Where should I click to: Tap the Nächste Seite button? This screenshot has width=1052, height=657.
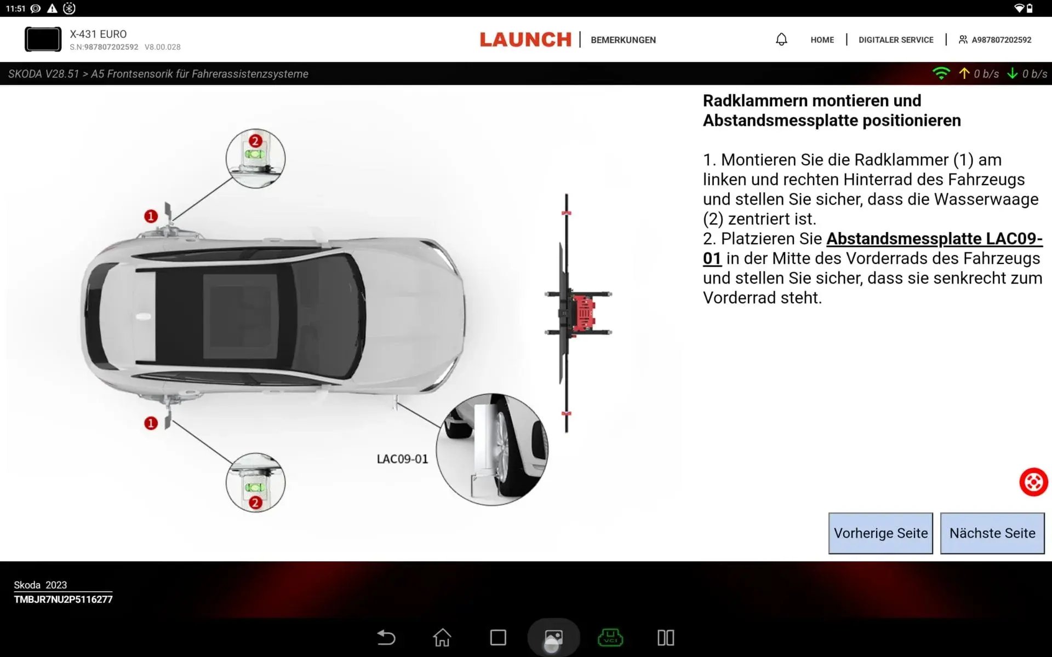(x=992, y=533)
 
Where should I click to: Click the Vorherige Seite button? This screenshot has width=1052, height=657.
(x=881, y=533)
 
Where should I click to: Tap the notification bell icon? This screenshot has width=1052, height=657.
(x=781, y=39)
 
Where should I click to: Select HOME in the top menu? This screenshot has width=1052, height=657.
(x=822, y=40)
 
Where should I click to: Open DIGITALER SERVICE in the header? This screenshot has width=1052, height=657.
(x=896, y=40)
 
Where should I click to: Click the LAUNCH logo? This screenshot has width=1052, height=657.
(x=525, y=39)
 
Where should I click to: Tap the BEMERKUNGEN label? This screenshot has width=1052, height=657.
(x=623, y=40)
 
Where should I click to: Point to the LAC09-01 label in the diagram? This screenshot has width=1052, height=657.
(x=402, y=459)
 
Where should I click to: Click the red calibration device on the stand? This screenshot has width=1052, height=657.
(x=583, y=313)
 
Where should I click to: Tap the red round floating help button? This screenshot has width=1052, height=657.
(x=1033, y=482)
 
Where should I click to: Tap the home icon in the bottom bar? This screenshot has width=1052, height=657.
(x=442, y=637)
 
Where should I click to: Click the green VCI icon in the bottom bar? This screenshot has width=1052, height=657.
(x=610, y=637)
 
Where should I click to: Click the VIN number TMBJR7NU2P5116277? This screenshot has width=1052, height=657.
(x=63, y=600)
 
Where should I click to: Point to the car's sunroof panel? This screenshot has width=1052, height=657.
(x=240, y=316)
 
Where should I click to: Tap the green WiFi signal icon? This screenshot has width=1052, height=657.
(x=941, y=73)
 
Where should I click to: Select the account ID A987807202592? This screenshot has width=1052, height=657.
(x=1001, y=40)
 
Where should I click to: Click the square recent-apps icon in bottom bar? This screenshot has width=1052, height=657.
(x=498, y=637)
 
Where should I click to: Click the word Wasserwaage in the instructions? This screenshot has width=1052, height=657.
(x=986, y=199)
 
